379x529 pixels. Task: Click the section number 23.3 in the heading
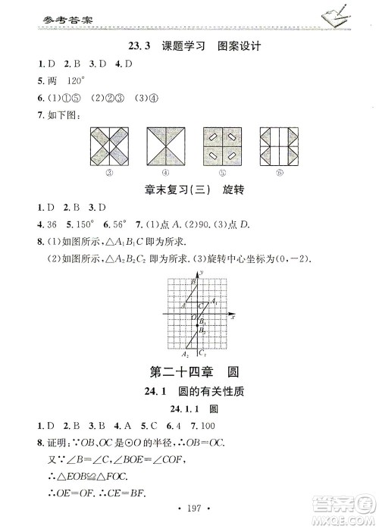pos(141,46)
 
